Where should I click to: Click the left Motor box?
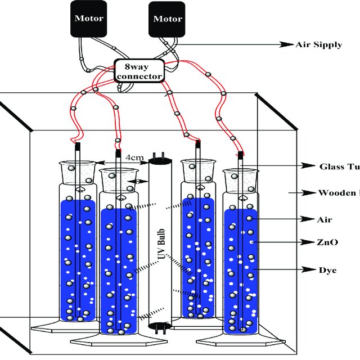89,18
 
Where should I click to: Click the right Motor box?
167,18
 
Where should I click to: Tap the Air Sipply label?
318,44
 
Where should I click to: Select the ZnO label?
326,242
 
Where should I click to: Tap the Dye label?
327,270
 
